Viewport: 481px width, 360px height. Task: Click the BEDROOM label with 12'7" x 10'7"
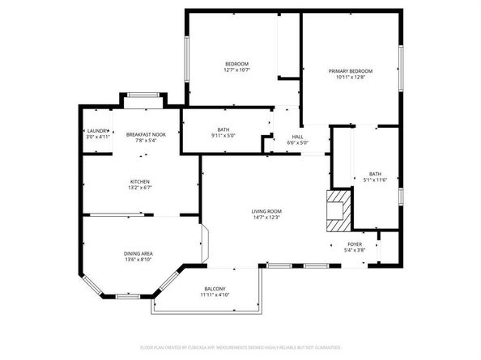(236, 63)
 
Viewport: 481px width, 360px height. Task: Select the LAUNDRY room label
(97, 130)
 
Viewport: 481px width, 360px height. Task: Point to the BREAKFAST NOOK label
(146, 133)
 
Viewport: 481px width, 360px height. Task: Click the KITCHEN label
(140, 181)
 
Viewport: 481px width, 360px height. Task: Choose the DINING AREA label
(138, 253)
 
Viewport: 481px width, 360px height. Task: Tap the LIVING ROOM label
(266, 211)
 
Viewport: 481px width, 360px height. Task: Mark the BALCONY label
(215, 289)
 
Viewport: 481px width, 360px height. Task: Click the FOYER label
(355, 244)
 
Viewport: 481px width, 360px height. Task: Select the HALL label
(297, 137)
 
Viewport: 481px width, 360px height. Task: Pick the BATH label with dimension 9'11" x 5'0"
(223, 129)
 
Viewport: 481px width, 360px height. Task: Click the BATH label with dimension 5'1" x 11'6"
(375, 173)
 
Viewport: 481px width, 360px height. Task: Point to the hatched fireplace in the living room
(336, 207)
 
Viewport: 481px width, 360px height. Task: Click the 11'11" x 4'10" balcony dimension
(215, 296)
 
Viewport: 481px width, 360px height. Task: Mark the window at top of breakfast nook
(141, 95)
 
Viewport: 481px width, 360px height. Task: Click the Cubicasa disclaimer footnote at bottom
(240, 347)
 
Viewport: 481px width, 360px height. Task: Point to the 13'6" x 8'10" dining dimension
(138, 260)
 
